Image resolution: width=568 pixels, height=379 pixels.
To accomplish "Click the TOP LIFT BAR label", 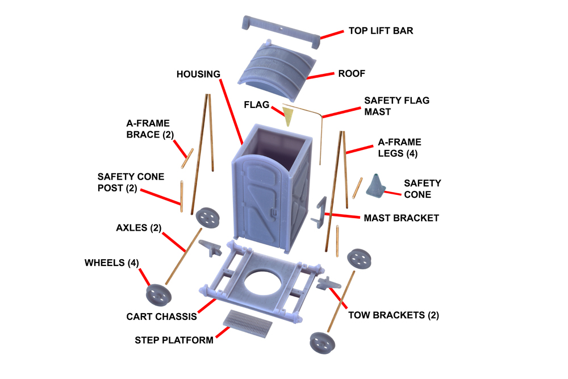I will pos(380,31).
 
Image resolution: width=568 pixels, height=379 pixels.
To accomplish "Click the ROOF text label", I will pos(352,74).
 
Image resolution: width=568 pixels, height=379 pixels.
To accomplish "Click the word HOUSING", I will pos(198,74).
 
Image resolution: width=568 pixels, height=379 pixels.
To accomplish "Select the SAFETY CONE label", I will pos(422,189).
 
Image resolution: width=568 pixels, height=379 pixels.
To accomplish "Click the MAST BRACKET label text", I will pos(401,218).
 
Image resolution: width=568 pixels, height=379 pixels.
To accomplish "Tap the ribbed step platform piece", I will pos(248,323).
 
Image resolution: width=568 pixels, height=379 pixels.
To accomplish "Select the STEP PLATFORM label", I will pos(174,340).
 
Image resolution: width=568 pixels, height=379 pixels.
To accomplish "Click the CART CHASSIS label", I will pos(161,316).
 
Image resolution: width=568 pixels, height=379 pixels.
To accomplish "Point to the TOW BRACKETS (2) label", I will pos(393,315).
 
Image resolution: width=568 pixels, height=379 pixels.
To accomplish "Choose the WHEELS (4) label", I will pos(111,263).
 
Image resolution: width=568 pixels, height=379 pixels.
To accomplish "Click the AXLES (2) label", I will pos(139,228).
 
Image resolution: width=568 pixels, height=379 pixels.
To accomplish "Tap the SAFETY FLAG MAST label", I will pos(396,106).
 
